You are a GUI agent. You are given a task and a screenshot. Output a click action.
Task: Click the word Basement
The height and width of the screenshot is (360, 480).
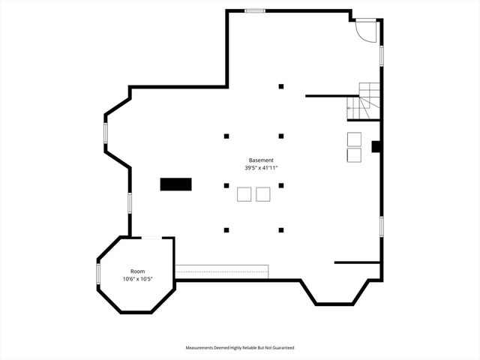262,160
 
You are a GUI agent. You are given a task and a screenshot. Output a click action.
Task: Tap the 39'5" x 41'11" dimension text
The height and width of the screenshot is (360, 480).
262,168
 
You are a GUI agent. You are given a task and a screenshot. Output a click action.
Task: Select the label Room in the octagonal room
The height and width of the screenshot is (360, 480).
137,271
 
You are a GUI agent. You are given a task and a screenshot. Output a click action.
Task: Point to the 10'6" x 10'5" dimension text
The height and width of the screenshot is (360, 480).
138,279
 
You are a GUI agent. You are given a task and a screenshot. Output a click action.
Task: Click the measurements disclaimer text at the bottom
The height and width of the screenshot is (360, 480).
240,348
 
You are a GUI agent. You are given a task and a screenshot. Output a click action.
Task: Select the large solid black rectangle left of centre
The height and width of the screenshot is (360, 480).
175,184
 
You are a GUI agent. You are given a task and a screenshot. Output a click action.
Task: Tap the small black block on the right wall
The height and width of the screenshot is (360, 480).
376,147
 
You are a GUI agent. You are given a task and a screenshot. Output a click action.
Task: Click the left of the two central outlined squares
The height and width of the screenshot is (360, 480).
244,194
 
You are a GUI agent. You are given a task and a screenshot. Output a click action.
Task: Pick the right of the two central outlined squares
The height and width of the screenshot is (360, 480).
262,194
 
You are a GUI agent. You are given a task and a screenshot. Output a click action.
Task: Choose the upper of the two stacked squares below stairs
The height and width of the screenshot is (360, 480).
354,139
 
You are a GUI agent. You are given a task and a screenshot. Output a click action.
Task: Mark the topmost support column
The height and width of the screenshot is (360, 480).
281,86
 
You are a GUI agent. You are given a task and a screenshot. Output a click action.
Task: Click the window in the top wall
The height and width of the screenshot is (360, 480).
255,10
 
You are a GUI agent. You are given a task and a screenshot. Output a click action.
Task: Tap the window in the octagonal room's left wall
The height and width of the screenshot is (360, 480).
97,274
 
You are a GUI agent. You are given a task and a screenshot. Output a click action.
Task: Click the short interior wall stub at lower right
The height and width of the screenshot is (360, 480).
357,262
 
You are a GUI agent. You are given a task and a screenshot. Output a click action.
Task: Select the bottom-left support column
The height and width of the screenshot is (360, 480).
226,229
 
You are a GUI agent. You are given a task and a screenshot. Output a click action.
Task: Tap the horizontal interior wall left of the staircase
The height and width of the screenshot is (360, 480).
330,96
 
